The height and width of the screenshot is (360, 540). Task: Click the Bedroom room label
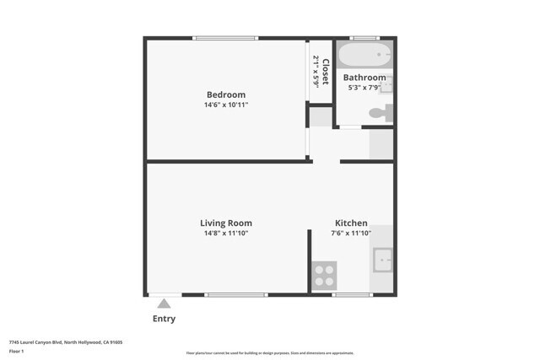(226, 94)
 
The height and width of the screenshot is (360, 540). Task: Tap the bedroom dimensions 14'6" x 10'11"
(226, 105)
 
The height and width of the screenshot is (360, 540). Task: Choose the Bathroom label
(364, 78)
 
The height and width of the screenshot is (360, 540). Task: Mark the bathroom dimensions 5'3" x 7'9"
(364, 88)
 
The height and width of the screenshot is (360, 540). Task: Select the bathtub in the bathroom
(364, 56)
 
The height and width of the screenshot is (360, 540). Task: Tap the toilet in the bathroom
(382, 112)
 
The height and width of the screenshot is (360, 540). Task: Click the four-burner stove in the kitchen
(324, 277)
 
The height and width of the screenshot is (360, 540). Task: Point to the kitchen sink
(383, 261)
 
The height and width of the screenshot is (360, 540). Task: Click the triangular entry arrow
(165, 303)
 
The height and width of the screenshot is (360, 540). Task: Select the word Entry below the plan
(165, 320)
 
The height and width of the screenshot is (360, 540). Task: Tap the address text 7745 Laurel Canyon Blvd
(66, 342)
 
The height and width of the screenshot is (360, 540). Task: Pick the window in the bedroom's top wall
(225, 38)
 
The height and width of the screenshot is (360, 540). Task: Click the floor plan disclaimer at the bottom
(270, 353)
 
